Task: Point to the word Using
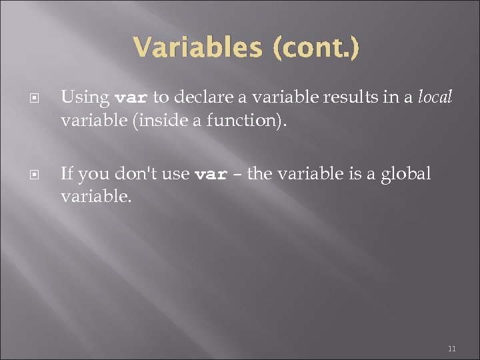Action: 85,97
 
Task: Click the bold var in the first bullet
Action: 131,98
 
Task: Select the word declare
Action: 206,97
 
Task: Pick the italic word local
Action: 435,97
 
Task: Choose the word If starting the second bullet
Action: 67,174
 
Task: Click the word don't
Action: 131,174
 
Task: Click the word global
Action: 406,174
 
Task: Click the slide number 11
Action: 451,349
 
